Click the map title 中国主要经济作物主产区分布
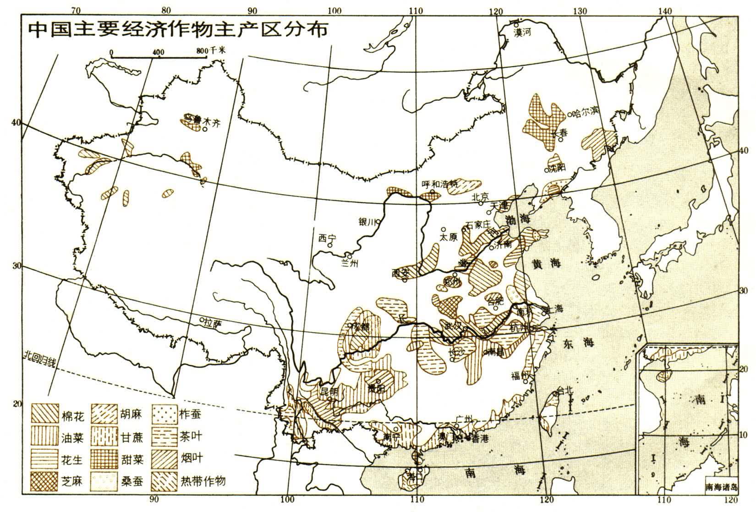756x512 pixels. pyautogui.click(x=178, y=30)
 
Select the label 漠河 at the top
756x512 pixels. pyautogui.click(x=524, y=32)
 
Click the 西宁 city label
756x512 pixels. pyautogui.click(x=327, y=238)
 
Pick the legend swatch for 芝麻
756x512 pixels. pyautogui.click(x=45, y=481)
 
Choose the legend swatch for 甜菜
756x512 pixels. pyautogui.click(x=105, y=458)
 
